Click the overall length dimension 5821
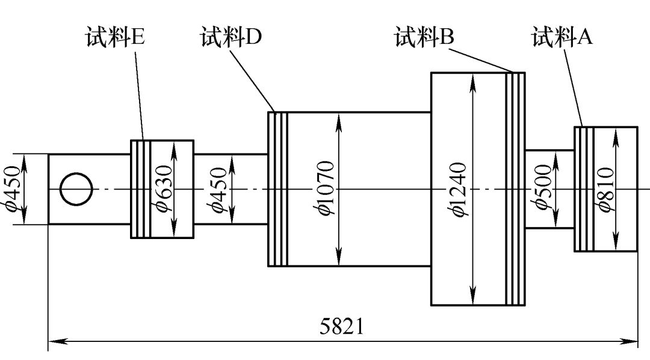pyautogui.click(x=341, y=327)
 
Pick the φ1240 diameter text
pyautogui.click(x=460, y=190)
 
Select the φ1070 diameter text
pyautogui.click(x=325, y=188)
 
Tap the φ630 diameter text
pyautogui.click(x=164, y=189)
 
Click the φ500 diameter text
pyautogui.click(x=542, y=188)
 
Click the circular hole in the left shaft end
pyautogui.click(x=76, y=189)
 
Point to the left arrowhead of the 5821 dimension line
pyautogui.click(x=54, y=341)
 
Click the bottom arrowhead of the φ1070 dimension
pyautogui.click(x=340, y=260)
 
